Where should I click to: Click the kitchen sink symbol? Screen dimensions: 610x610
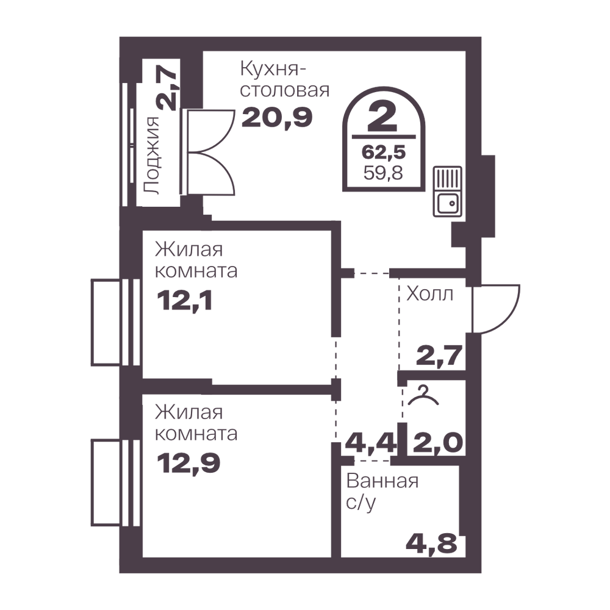click(448, 191)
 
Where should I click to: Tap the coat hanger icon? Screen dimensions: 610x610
click(423, 396)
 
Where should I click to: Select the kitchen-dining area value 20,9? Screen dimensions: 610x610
click(277, 118)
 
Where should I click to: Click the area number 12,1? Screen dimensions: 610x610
click(184, 301)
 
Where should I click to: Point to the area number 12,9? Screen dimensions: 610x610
click(188, 463)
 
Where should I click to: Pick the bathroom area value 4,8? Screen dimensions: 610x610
click(431, 543)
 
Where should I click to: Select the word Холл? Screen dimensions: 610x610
click(430, 294)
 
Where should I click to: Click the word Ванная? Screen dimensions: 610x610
click(382, 481)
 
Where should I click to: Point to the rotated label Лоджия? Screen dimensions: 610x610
click(152, 156)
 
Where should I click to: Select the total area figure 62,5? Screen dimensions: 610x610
click(384, 152)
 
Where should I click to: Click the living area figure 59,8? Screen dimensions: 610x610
click(383, 173)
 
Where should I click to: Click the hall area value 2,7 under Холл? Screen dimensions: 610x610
click(439, 355)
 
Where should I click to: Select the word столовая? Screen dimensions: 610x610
click(285, 90)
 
